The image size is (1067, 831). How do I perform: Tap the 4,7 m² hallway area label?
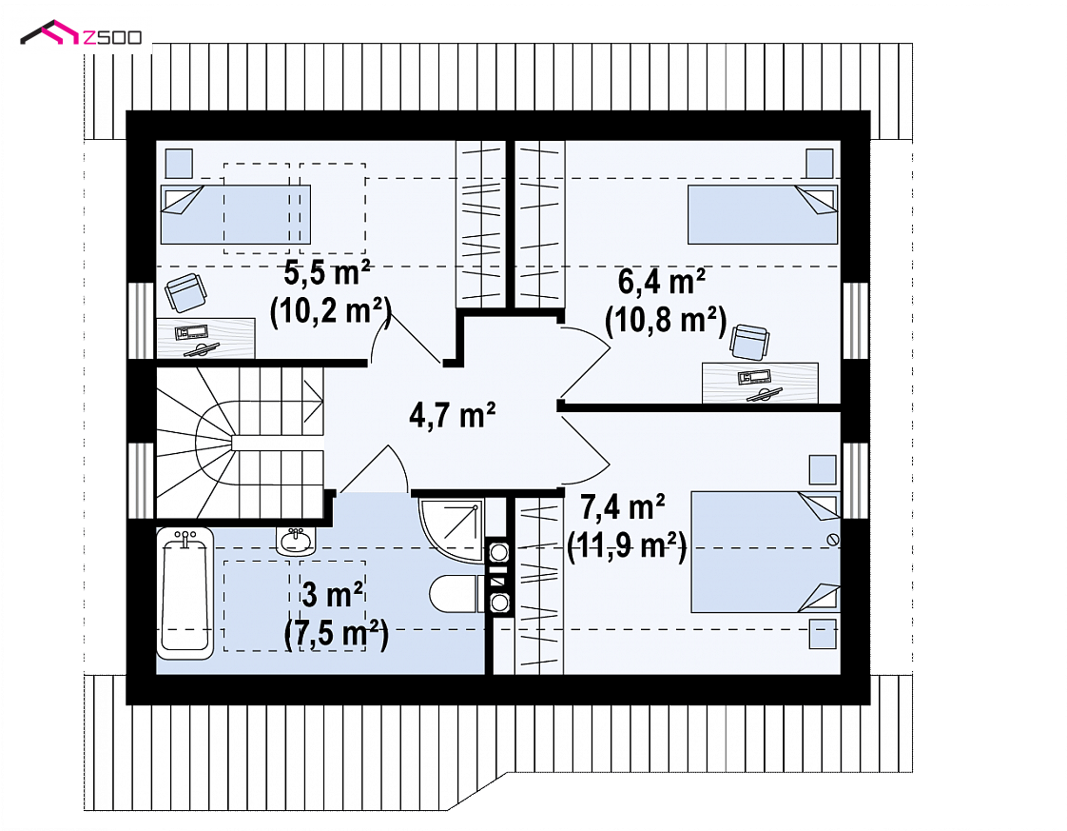[x=453, y=414]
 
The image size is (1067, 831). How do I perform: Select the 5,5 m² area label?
[x=327, y=273]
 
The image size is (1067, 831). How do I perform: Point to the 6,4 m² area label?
[x=662, y=282]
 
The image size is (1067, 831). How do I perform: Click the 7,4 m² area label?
[x=623, y=506]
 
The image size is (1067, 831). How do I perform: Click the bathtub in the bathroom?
[x=184, y=593]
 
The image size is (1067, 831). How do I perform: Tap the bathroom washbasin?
[x=296, y=541]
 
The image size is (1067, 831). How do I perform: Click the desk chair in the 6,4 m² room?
[x=749, y=342]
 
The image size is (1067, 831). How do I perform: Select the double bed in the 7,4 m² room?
[x=766, y=552]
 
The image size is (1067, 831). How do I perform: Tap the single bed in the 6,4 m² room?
[x=762, y=214]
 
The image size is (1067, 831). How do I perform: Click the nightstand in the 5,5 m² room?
[x=179, y=164]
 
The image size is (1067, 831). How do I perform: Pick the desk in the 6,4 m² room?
[x=760, y=384]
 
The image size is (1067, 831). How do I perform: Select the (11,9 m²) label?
[x=627, y=544]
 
